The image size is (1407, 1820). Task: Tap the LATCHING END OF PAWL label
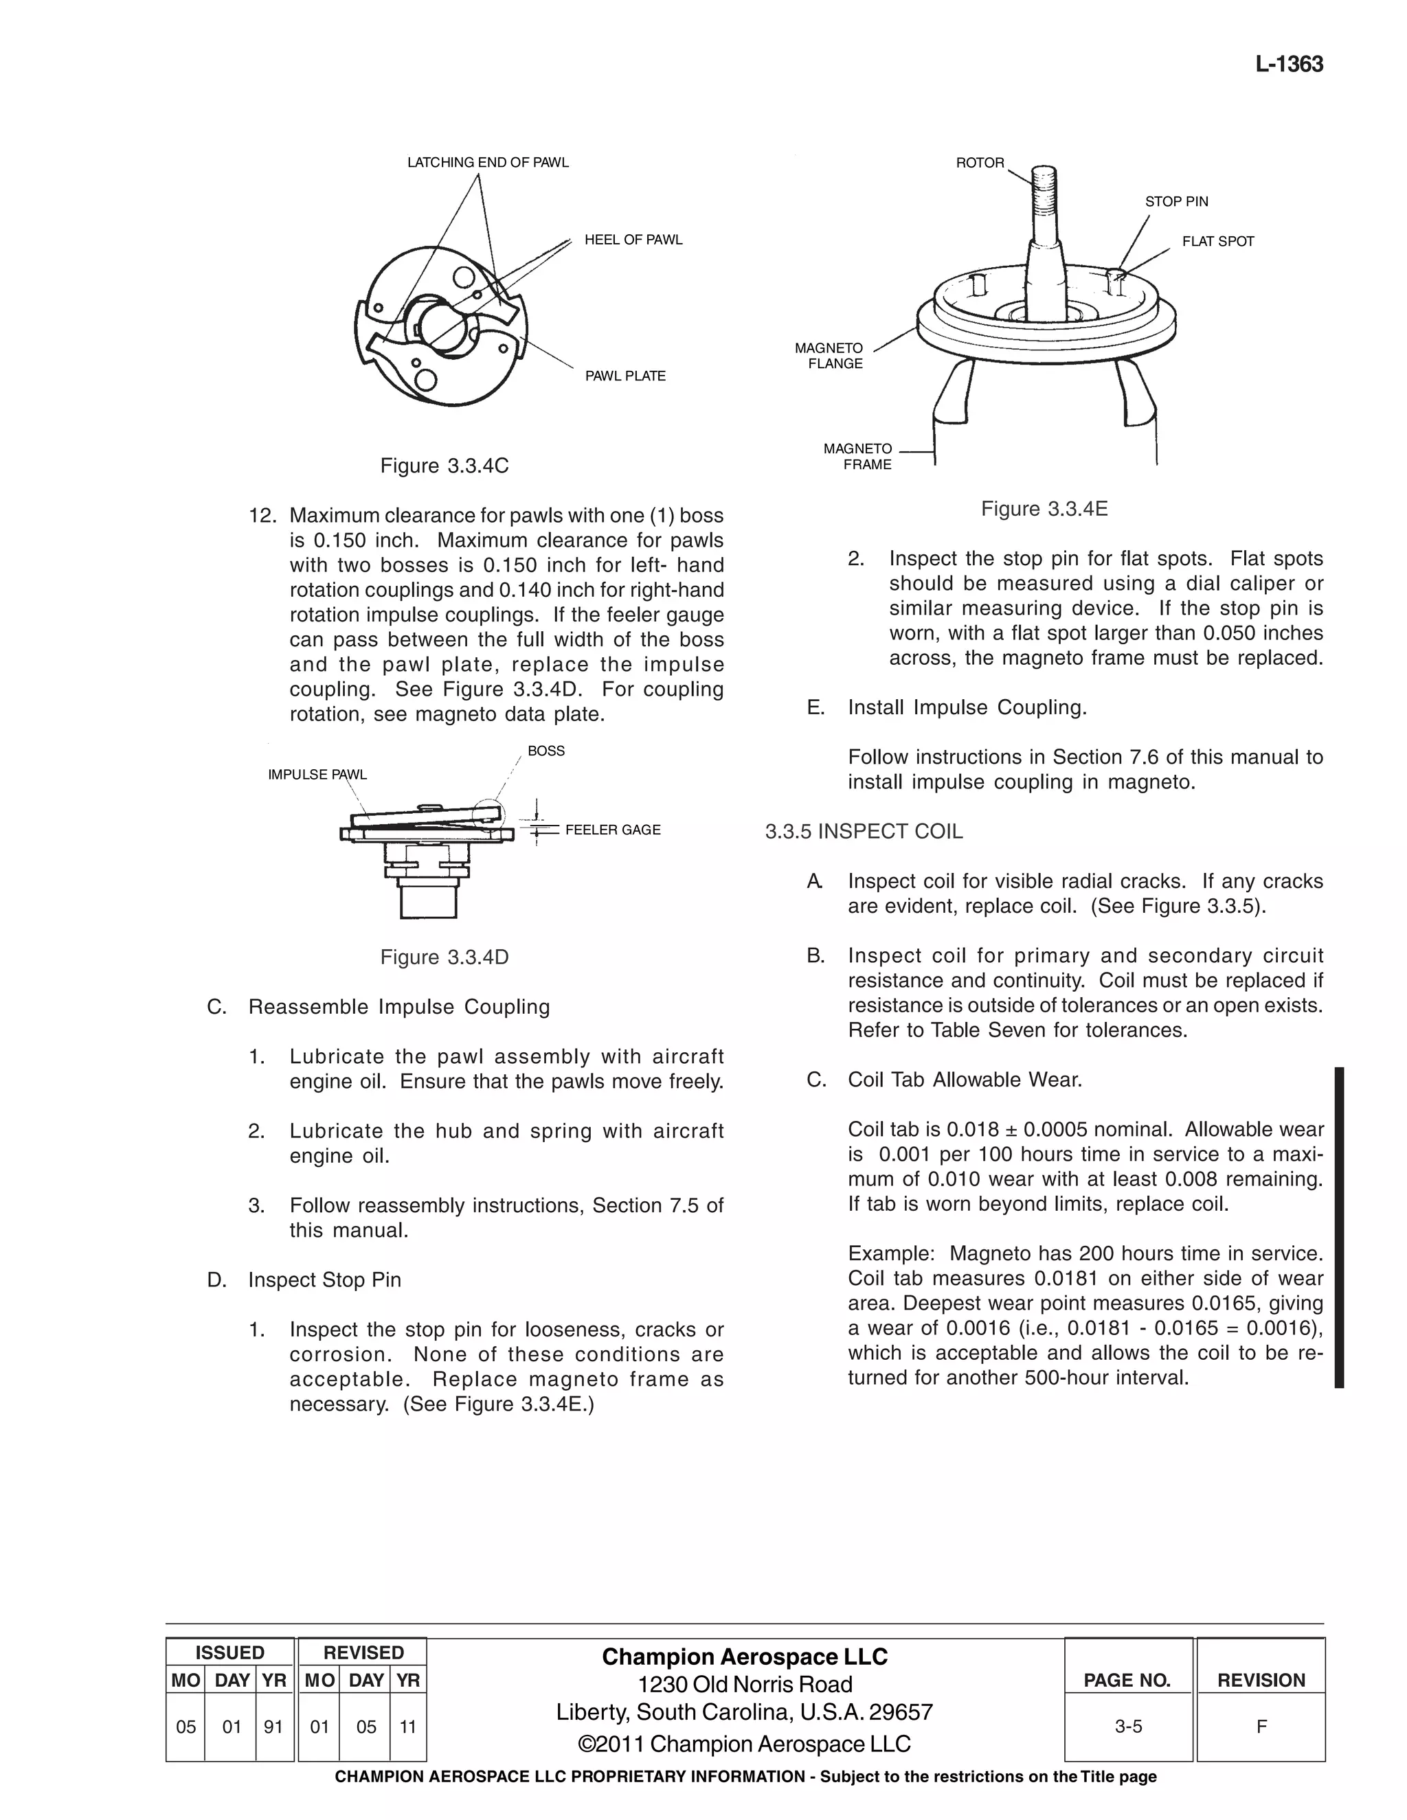(x=488, y=163)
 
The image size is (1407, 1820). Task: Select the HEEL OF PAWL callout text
(x=633, y=240)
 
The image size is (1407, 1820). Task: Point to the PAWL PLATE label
(x=624, y=376)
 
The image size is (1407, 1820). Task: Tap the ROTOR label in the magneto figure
(x=980, y=163)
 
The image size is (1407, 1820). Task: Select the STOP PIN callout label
(x=1175, y=202)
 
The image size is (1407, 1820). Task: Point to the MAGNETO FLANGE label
(x=829, y=356)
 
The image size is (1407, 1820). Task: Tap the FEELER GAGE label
(x=613, y=830)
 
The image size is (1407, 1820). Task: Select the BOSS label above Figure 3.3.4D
(x=546, y=751)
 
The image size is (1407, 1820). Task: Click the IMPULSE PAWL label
(x=317, y=775)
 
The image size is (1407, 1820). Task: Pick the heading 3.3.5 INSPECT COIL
(x=864, y=832)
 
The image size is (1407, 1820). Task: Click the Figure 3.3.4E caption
(x=1044, y=509)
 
